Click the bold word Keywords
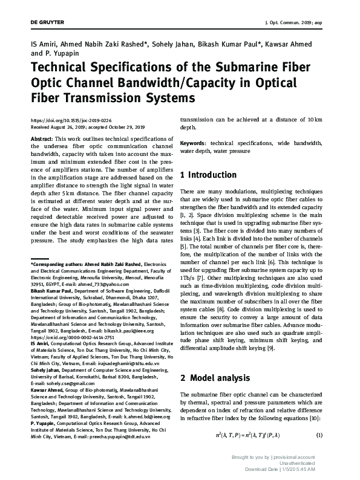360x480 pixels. pos(194,143)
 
